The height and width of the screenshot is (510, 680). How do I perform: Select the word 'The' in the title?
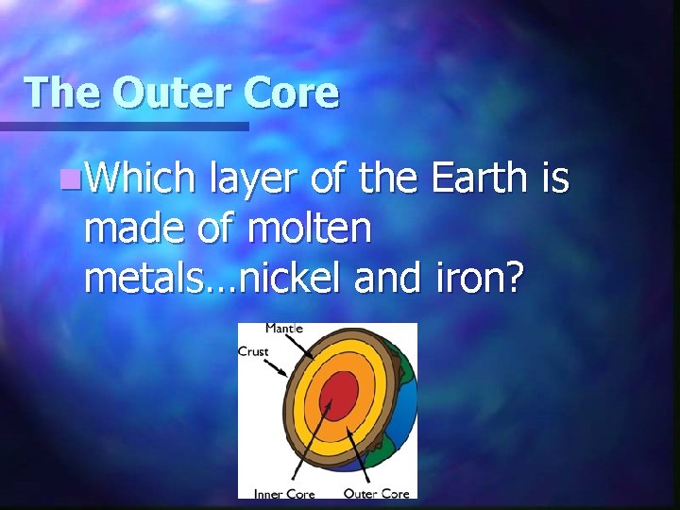pos(61,93)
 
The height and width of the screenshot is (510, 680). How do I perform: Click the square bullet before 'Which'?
pos(64,178)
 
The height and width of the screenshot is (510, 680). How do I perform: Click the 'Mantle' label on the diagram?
pos(284,329)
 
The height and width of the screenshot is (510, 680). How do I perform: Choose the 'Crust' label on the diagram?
pos(253,351)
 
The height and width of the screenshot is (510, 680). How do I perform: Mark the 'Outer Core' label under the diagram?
pos(376,492)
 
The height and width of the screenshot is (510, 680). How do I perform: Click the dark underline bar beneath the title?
pos(123,126)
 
